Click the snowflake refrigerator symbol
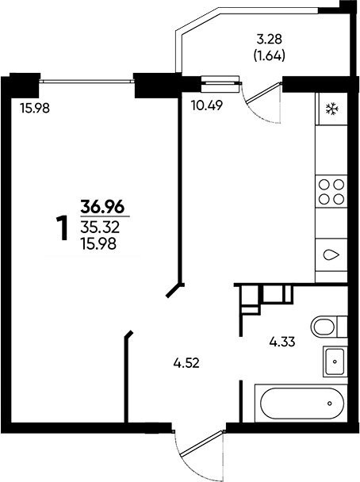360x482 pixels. [x=332, y=109]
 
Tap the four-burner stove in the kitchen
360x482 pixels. [x=331, y=192]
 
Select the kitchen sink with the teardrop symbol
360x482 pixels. [x=331, y=254]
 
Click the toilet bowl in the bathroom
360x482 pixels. [x=323, y=327]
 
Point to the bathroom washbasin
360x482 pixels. [x=335, y=361]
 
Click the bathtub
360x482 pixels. [x=301, y=404]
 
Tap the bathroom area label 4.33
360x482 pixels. [x=282, y=342]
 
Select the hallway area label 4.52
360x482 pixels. [x=186, y=364]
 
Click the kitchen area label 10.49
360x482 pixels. [x=207, y=105]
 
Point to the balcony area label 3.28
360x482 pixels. [x=270, y=40]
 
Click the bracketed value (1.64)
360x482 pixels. [x=270, y=56]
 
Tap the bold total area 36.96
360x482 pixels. [x=102, y=207]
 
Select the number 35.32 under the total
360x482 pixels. [x=100, y=228]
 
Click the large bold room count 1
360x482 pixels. [x=63, y=228]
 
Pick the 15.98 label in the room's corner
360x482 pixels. [x=35, y=108]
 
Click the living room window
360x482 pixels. [x=87, y=81]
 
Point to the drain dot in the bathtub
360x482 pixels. [x=330, y=404]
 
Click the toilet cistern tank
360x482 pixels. [x=343, y=327]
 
